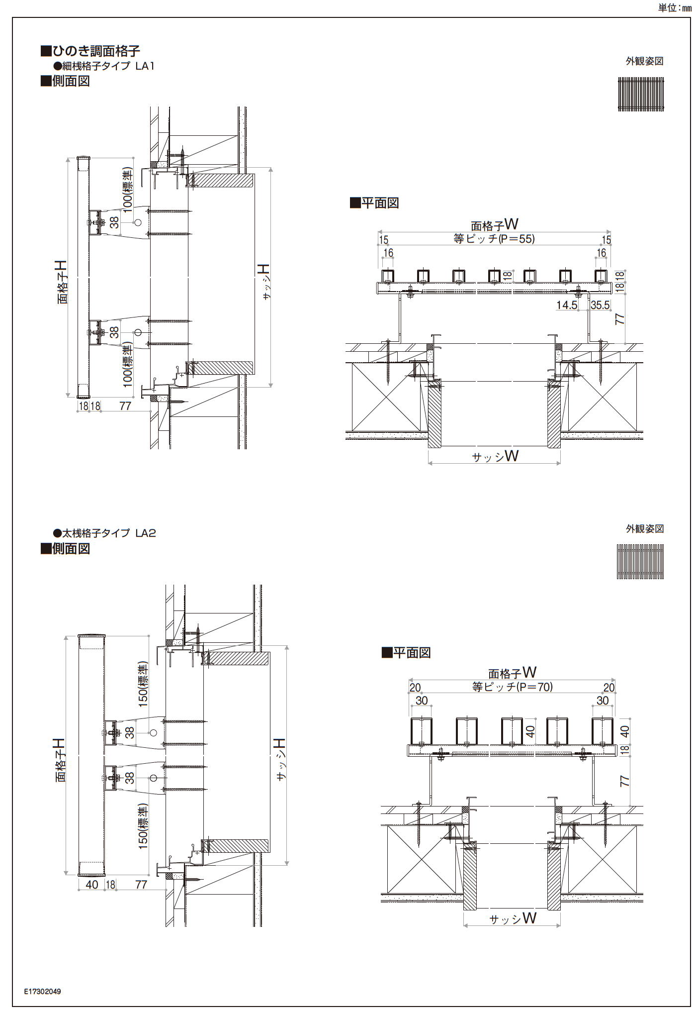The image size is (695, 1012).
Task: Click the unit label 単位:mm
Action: click(674, 8)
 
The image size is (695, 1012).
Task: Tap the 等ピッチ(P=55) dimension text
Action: click(494, 239)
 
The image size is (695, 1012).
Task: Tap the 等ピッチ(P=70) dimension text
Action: click(512, 687)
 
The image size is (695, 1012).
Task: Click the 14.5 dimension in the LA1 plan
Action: click(567, 305)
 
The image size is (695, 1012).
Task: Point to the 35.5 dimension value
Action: click(600, 305)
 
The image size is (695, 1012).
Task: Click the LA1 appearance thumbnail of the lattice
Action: click(641, 94)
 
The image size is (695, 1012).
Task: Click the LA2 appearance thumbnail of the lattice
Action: click(640, 562)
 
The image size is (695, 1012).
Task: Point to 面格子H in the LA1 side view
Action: click(62, 282)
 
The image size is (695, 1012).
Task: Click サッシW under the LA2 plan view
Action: click(513, 918)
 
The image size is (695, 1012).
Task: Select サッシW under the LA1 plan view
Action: click(495, 456)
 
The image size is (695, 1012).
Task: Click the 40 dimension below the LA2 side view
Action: click(92, 884)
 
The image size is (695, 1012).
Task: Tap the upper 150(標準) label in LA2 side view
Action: click(143, 684)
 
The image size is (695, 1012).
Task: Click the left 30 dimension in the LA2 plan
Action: click(421, 701)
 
